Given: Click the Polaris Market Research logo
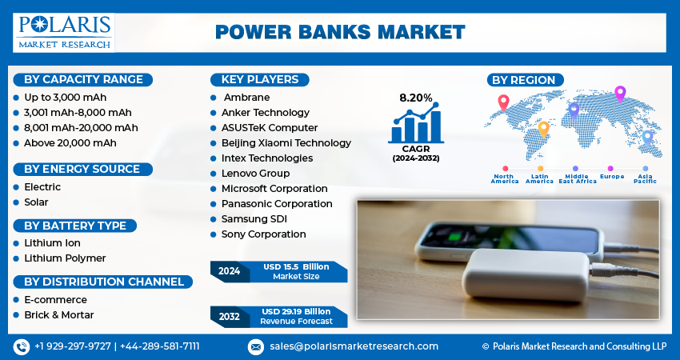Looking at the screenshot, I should coord(64,32).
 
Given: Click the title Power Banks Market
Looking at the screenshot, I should coord(340,32).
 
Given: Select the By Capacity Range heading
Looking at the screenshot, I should coord(83,79).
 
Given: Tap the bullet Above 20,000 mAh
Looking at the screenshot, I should coord(70,142).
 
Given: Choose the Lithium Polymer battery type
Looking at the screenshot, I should coord(64,258).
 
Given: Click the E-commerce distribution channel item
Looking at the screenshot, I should coord(55,299).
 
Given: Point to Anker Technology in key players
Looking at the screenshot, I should coord(265,113).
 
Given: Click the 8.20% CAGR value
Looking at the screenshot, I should coord(415,98).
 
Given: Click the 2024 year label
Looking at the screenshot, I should coord(229,271).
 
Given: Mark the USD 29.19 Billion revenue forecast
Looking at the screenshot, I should coord(296,311).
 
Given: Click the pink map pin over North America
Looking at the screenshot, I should coord(502,102).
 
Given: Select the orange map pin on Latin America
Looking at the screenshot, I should coord(543,128).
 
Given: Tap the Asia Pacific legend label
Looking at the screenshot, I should coord(645,178).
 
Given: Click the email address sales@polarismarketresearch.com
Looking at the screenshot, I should coord(353,346).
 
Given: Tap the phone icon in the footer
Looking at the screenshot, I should coord(21,346).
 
